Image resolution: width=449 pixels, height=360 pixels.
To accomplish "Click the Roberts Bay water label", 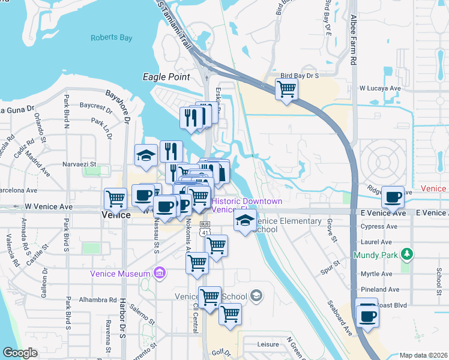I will [x=111, y=38].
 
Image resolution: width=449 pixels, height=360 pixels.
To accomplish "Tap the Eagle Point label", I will [x=166, y=77].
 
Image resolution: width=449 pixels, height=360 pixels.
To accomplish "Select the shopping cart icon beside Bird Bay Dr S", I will [x=286, y=89].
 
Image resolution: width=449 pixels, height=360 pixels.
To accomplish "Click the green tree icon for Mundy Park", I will [x=408, y=254].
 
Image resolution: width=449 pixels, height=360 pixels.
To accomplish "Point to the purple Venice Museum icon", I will [x=159, y=274].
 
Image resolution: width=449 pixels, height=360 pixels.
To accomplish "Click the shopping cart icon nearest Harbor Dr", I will [x=115, y=198].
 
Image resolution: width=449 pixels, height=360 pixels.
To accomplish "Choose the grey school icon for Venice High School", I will [x=256, y=295].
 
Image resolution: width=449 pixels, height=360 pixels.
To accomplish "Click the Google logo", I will [x=19, y=353].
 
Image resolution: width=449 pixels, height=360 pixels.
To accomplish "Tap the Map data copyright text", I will [x=423, y=355].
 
